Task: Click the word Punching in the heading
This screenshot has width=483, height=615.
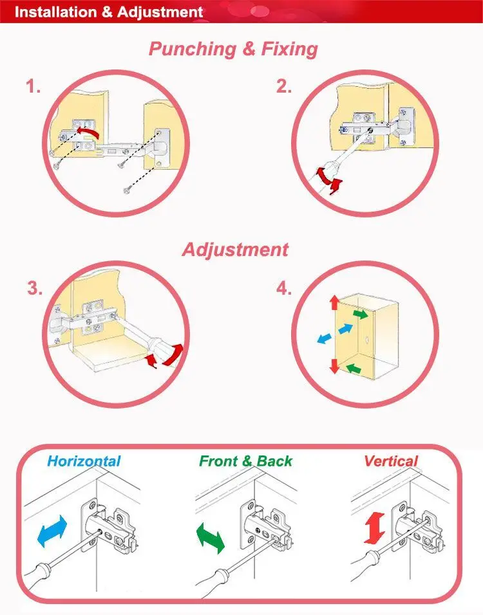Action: coord(193,50)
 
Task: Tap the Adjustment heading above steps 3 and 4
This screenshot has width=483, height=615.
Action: coord(235,250)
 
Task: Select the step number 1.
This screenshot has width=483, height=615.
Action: coord(33,86)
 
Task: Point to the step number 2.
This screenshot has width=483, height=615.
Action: coord(284,86)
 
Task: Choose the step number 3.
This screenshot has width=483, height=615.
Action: coord(35,288)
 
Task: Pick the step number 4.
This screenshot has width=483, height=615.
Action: coord(284,289)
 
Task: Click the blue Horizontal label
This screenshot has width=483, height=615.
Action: coord(84,461)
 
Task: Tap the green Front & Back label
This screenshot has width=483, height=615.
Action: coord(245,461)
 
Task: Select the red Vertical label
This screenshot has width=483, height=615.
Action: coord(391,461)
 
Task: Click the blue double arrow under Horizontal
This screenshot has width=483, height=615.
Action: coord(52,531)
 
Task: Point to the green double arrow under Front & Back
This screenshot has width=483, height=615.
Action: coord(211,538)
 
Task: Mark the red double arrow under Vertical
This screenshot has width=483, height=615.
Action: coord(375,528)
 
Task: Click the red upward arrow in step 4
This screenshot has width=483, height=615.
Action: coord(334,303)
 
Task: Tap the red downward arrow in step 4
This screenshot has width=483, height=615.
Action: coord(334,365)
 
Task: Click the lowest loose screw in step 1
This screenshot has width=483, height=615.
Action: coord(127,190)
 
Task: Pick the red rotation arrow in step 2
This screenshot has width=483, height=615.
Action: coord(329,179)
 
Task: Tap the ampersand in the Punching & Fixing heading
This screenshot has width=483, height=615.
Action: coord(249,50)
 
